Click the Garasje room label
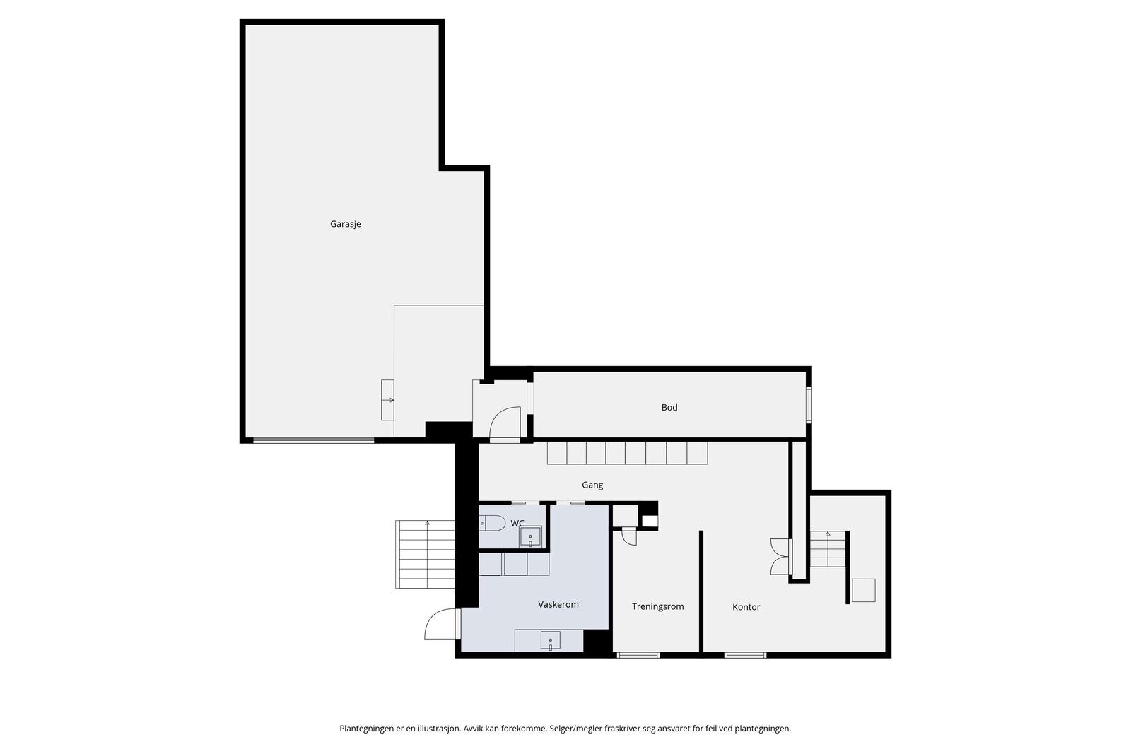[346, 224]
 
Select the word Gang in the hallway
[592, 485]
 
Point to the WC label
[517, 524]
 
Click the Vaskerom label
[558, 605]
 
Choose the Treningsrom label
[657, 606]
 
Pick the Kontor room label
[746, 607]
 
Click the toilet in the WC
[492, 523]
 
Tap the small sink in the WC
[530, 537]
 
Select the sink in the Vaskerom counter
[550, 641]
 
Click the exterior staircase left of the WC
[425, 554]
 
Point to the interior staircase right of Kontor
[828, 549]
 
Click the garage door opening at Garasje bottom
[314, 440]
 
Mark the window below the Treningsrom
[638, 655]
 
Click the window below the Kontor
[745, 655]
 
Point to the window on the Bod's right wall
[809, 404]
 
